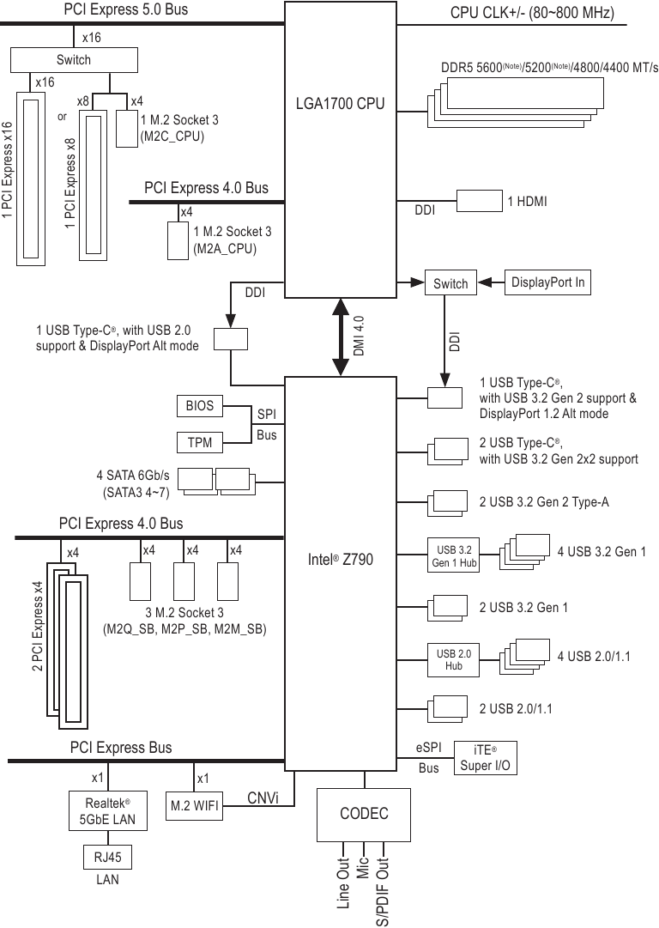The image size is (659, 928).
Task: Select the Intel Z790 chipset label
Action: tap(340, 560)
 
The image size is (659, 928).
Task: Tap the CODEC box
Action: tap(364, 814)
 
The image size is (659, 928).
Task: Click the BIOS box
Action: tap(199, 405)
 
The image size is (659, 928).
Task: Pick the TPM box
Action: tap(199, 443)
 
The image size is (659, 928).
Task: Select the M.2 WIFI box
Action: tap(194, 805)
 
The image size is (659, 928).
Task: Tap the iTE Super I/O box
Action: tap(485, 758)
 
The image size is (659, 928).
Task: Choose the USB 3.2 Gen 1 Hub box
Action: tap(453, 556)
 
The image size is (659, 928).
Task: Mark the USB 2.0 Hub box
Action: tap(453, 659)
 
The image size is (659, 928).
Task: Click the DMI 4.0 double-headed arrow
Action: tap(342, 337)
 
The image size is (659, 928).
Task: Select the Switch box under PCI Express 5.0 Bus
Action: tap(73, 60)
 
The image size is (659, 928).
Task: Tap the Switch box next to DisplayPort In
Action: tap(450, 284)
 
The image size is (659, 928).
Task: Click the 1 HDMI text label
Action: tap(527, 202)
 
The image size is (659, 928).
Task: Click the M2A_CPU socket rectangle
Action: tap(177, 240)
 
